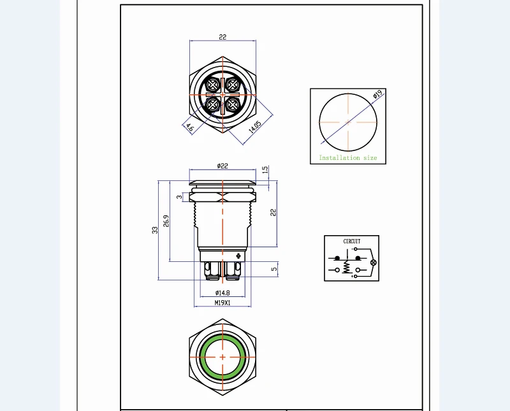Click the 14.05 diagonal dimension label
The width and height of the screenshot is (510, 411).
click(255, 127)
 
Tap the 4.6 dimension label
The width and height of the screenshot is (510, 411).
click(189, 127)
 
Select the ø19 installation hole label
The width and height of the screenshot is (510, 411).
click(377, 94)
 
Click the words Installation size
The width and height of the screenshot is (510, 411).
click(347, 157)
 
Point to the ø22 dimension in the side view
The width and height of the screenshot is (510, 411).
click(222, 166)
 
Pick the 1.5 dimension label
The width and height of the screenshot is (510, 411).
click(265, 169)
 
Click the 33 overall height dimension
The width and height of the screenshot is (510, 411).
click(155, 230)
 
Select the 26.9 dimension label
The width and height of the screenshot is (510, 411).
click(166, 220)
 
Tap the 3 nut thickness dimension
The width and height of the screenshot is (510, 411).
click(179, 197)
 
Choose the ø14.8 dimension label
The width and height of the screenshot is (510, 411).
click(222, 292)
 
